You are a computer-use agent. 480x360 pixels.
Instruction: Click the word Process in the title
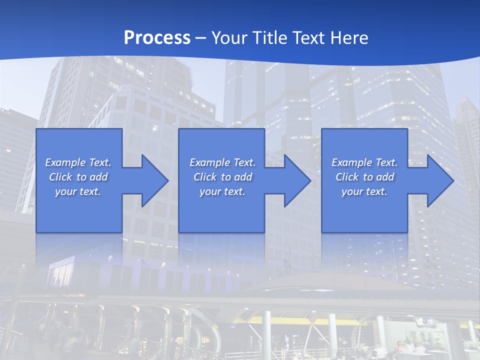coord(157,38)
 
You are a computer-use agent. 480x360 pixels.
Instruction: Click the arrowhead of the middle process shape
coord(297,180)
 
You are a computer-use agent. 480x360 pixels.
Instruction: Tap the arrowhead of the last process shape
coord(440,180)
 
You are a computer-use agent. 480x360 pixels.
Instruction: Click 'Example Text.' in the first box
coord(78,162)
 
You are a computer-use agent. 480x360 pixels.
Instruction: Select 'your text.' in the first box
coord(78,191)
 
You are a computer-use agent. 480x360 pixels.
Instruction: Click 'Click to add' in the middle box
coord(222,177)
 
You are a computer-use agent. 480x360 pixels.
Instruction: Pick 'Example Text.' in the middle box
coord(222,162)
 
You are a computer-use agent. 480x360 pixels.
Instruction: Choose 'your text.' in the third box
coord(364,191)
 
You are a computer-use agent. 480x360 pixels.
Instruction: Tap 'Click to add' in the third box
coord(365,177)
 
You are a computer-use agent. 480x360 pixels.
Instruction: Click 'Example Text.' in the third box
coord(364,162)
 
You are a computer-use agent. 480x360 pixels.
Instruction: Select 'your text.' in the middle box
coord(222,191)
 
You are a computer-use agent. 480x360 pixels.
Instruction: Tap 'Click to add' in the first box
coord(78,177)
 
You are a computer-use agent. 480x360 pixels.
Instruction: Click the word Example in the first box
coord(65,162)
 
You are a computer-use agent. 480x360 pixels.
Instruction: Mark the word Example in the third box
coord(351,162)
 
